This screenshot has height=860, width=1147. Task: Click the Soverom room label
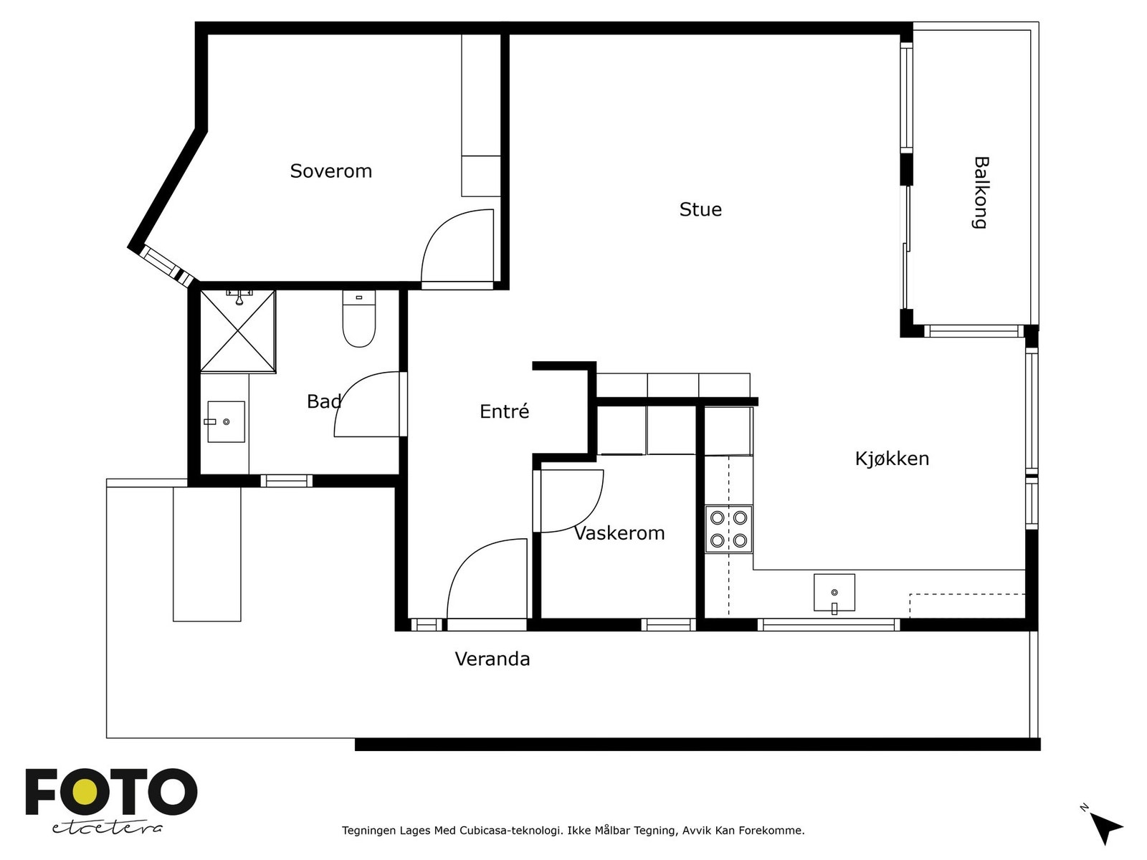(330, 171)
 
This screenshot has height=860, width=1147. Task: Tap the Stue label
(700, 209)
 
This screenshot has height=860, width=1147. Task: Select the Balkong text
(981, 193)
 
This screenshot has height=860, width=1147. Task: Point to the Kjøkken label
(892, 459)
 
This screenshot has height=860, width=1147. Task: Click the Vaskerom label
(619, 533)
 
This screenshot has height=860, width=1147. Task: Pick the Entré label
(504, 411)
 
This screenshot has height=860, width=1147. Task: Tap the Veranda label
(492, 659)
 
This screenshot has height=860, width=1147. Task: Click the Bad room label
(324, 401)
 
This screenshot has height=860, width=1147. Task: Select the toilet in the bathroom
(359, 318)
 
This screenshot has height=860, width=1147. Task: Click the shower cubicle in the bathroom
(238, 332)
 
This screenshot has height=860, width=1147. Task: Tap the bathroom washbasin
(227, 421)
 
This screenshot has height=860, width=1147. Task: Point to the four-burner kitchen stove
(728, 529)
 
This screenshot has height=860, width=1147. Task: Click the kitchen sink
(834, 593)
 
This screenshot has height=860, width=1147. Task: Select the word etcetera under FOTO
(107, 828)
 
